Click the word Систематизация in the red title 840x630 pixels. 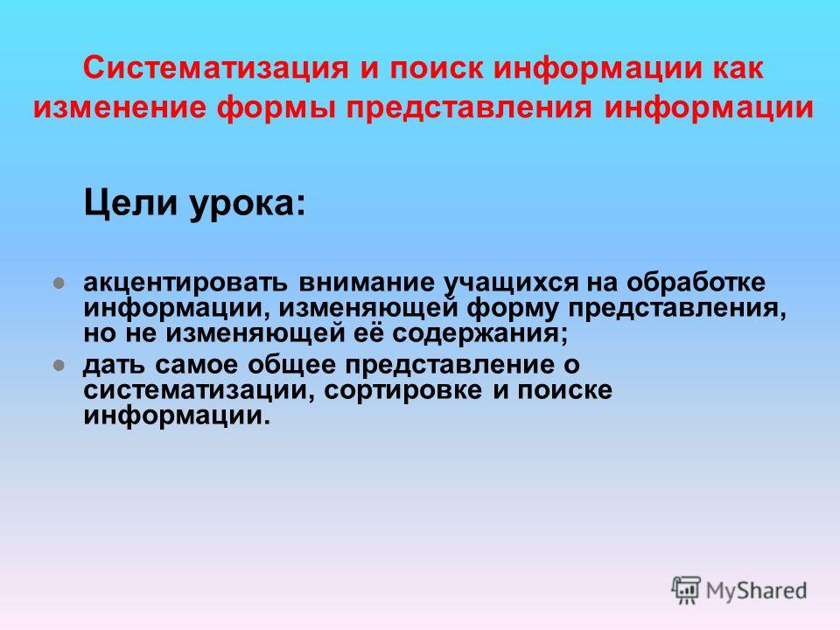pos(215,69)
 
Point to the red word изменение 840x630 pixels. pos(120,107)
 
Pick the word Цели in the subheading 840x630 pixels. pos(130,204)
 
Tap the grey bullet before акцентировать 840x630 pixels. pos(59,283)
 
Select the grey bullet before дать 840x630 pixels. pos(59,366)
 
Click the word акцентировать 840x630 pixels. pos(185,283)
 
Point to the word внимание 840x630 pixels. pos(367,283)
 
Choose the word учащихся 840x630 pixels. pos(512,283)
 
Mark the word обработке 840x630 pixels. pos(696,282)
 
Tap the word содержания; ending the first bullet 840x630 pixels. pos(479,334)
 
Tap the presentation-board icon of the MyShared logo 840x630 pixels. pos(686,590)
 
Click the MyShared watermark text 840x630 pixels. pos(756,591)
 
